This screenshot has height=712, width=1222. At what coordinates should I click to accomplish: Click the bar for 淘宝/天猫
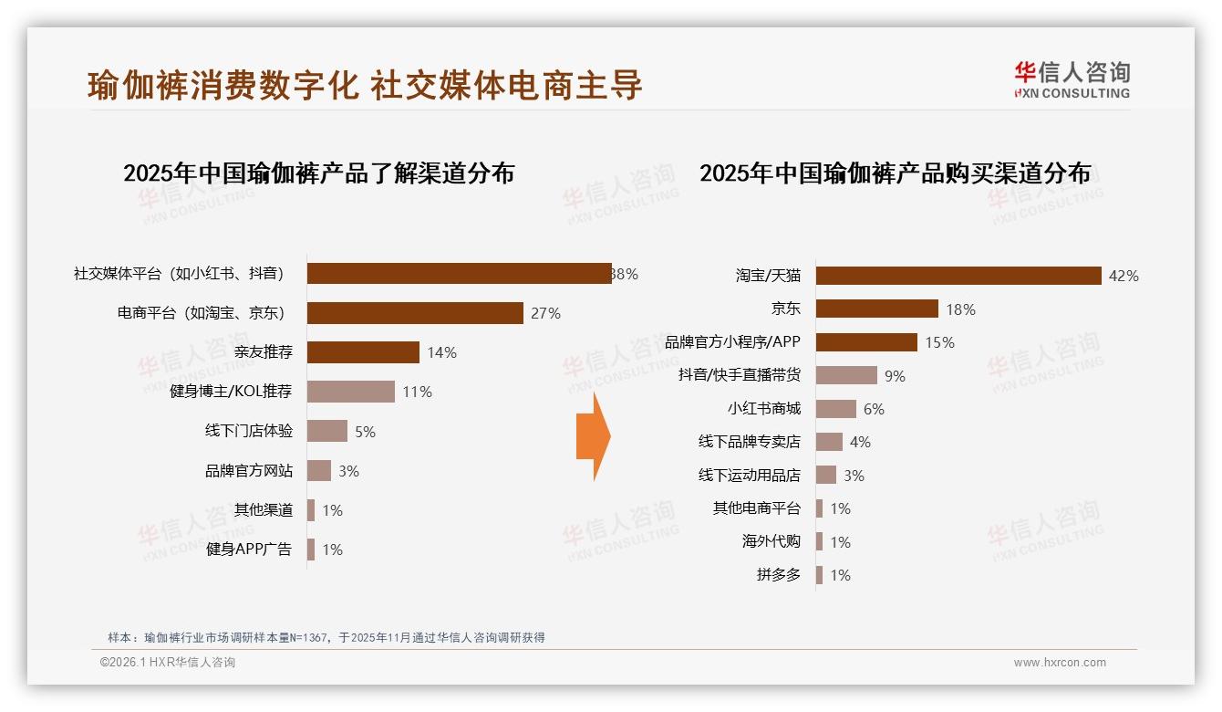click(x=958, y=276)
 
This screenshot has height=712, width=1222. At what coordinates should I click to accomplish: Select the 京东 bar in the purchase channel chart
click(x=876, y=309)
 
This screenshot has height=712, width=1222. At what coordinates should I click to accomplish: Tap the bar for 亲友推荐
click(x=363, y=352)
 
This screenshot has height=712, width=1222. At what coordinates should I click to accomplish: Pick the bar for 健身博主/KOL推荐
click(x=350, y=392)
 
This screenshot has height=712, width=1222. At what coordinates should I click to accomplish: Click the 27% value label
click(x=545, y=313)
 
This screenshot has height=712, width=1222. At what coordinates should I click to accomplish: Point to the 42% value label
click(x=1124, y=276)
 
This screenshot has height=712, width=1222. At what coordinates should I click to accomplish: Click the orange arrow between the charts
click(x=593, y=437)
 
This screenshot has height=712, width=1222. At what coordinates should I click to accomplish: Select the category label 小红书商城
click(x=763, y=409)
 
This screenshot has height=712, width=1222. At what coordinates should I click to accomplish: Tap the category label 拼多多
click(x=778, y=575)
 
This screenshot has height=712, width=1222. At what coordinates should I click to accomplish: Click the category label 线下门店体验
click(x=249, y=431)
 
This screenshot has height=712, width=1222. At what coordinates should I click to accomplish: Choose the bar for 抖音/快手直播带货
click(x=846, y=375)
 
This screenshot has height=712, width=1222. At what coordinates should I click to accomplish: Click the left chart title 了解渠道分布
click(x=318, y=173)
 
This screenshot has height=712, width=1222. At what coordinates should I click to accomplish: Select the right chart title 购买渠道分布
click(x=895, y=173)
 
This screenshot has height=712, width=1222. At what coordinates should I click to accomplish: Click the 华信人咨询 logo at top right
click(x=1072, y=79)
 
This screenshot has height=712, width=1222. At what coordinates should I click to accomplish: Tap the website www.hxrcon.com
click(x=1060, y=663)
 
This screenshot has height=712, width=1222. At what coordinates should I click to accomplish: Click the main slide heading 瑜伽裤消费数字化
click(x=365, y=85)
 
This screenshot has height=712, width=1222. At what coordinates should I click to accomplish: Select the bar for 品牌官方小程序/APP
click(x=866, y=342)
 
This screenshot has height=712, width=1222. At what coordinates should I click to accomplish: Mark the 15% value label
click(x=939, y=342)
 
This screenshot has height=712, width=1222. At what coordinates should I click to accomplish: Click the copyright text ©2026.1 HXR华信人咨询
click(x=168, y=663)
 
